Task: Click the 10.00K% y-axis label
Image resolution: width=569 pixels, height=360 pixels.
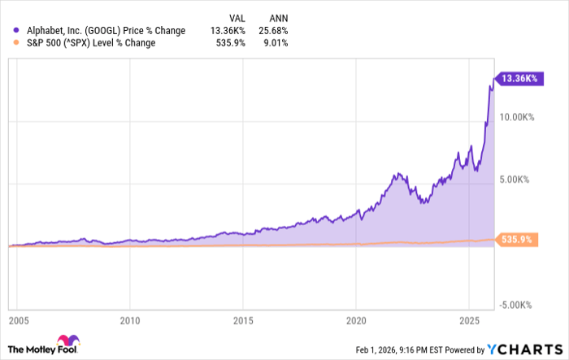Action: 516,117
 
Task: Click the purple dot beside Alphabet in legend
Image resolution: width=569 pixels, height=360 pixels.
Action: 9,31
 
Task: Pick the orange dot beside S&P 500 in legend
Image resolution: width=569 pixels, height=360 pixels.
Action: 9,44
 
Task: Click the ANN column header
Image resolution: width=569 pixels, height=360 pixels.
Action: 274,15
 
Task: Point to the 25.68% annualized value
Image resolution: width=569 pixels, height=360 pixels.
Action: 271,31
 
